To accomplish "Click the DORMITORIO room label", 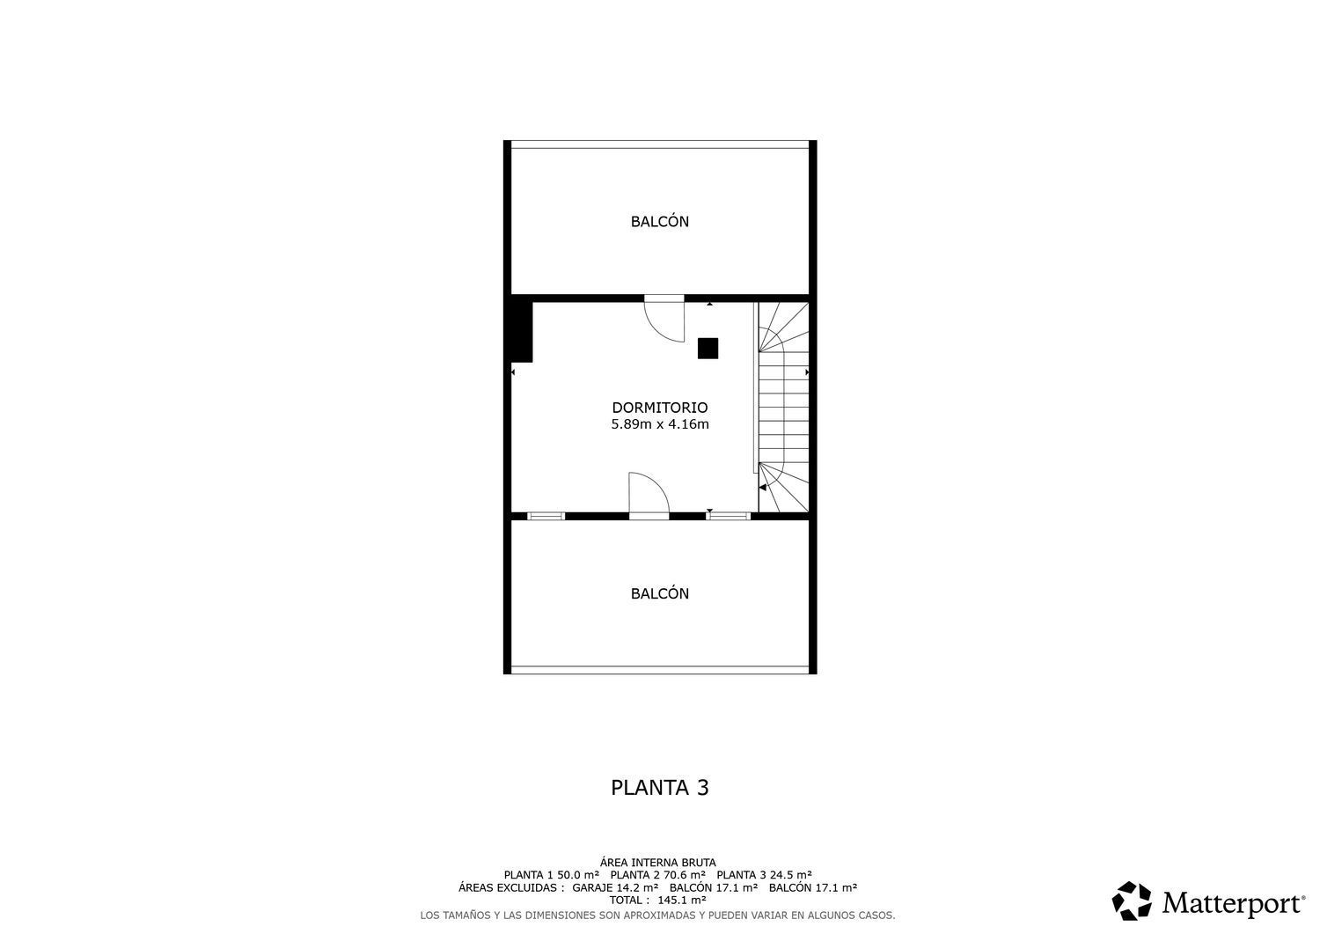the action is click(x=659, y=408).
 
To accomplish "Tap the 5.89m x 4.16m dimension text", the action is click(x=659, y=424).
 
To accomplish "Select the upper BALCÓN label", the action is click(x=659, y=221).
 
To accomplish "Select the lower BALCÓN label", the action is click(x=659, y=593).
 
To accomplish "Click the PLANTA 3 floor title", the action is click(x=659, y=788).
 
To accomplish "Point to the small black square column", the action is click(x=708, y=349).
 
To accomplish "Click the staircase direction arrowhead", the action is click(x=763, y=488).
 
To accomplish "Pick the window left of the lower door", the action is click(x=546, y=516).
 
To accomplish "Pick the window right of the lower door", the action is click(x=729, y=516).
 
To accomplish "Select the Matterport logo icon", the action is click(x=1132, y=901).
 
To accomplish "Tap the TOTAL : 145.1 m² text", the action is click(x=657, y=900).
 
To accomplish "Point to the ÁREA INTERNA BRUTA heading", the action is click(x=657, y=863).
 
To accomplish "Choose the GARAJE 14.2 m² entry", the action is click(x=615, y=887).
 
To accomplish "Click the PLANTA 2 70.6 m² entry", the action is click(x=657, y=875).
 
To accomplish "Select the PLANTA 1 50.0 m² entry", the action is click(x=552, y=875).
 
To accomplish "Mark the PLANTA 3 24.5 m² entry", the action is click(x=765, y=875).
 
